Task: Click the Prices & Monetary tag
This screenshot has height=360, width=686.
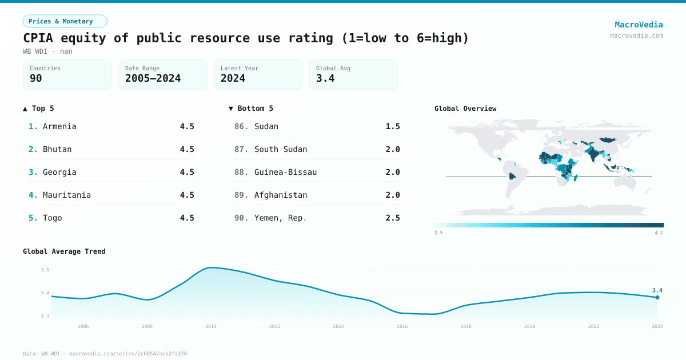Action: pos(65,21)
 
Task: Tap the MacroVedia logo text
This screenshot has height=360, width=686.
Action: pos(639,25)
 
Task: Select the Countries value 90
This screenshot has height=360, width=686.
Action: pos(36,78)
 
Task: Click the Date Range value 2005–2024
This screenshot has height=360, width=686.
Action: pos(153,78)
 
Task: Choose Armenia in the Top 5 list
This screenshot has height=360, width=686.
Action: pos(59,126)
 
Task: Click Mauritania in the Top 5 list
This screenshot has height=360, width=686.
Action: pos(66,195)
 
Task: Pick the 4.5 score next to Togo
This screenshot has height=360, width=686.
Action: pos(187,218)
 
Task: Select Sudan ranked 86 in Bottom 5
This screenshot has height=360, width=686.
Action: pos(266,126)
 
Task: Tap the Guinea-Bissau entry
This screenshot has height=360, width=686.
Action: pos(285,172)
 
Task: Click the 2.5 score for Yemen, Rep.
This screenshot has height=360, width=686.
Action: pos(393,218)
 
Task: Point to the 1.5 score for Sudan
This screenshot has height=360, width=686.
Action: pos(393,126)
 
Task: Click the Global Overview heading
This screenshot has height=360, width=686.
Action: pos(465,109)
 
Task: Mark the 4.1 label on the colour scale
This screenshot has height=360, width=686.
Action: pos(659,233)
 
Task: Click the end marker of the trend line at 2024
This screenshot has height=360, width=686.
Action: pos(657,297)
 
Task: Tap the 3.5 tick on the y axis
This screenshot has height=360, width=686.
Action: pos(45,270)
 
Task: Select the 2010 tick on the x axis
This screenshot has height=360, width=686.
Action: pos(211,326)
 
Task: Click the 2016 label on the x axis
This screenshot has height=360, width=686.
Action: pos(402,326)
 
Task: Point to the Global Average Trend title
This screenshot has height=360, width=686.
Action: pos(64,251)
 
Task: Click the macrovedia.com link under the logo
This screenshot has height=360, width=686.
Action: pos(636,35)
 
